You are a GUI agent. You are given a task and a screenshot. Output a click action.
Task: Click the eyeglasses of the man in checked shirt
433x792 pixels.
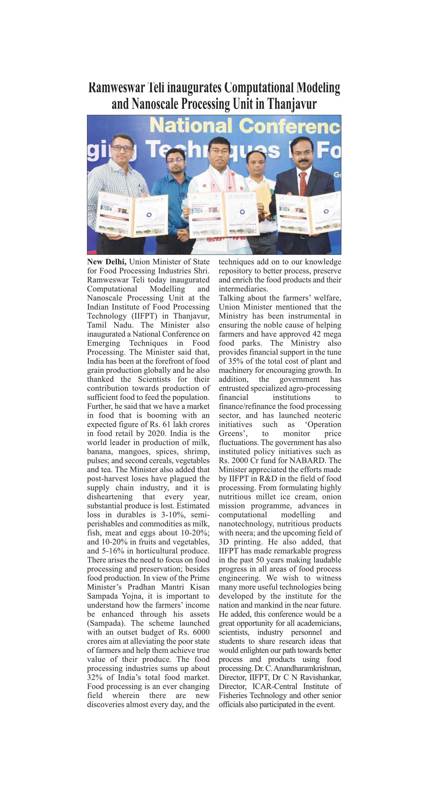123,148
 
